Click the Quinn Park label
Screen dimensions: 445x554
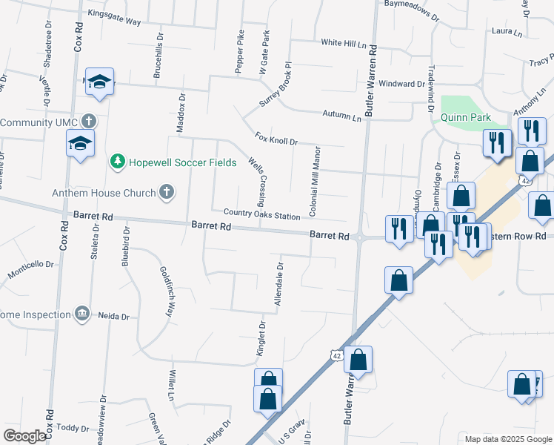(x=466, y=117)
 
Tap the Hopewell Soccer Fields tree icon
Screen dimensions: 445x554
(x=117, y=161)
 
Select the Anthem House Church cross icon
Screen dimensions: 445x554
(x=167, y=193)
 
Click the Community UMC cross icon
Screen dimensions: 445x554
(x=89, y=121)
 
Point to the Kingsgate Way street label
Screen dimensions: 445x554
(x=114, y=22)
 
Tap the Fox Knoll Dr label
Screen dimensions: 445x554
(x=276, y=139)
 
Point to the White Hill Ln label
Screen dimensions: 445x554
(x=344, y=44)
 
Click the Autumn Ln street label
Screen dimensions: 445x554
(x=341, y=116)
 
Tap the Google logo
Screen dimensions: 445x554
(x=24, y=435)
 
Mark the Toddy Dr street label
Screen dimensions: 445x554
(x=73, y=428)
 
